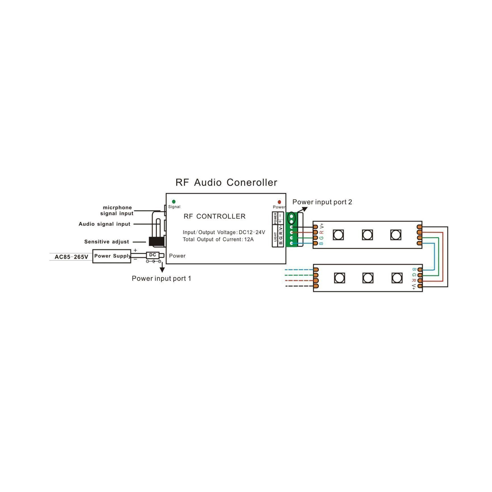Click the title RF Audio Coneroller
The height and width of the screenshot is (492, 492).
click(226, 183)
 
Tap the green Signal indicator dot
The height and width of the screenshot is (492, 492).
click(174, 202)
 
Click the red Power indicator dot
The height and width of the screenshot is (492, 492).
click(279, 202)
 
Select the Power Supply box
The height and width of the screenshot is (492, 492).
click(112, 256)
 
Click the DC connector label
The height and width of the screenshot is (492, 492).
click(153, 255)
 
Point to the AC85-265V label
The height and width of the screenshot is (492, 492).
click(71, 257)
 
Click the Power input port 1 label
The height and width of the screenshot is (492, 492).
click(161, 278)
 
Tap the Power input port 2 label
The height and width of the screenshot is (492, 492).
click(322, 202)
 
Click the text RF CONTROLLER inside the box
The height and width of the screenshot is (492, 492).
click(215, 216)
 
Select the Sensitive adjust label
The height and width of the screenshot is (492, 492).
click(107, 242)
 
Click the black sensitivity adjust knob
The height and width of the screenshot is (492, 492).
click(156, 242)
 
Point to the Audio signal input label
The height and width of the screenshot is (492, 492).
click(104, 224)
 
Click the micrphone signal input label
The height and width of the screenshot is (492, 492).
click(117, 211)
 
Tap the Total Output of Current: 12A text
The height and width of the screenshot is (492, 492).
click(218, 240)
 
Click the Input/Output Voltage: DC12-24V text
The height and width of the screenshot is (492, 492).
click(224, 232)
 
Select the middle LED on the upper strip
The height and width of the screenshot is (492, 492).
click(368, 235)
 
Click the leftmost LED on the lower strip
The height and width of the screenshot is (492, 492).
click(339, 277)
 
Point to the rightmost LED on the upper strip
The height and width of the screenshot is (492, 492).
click(396, 235)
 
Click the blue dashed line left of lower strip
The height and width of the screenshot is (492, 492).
click(299, 270)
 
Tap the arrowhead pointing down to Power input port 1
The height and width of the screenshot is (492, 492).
click(162, 269)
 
